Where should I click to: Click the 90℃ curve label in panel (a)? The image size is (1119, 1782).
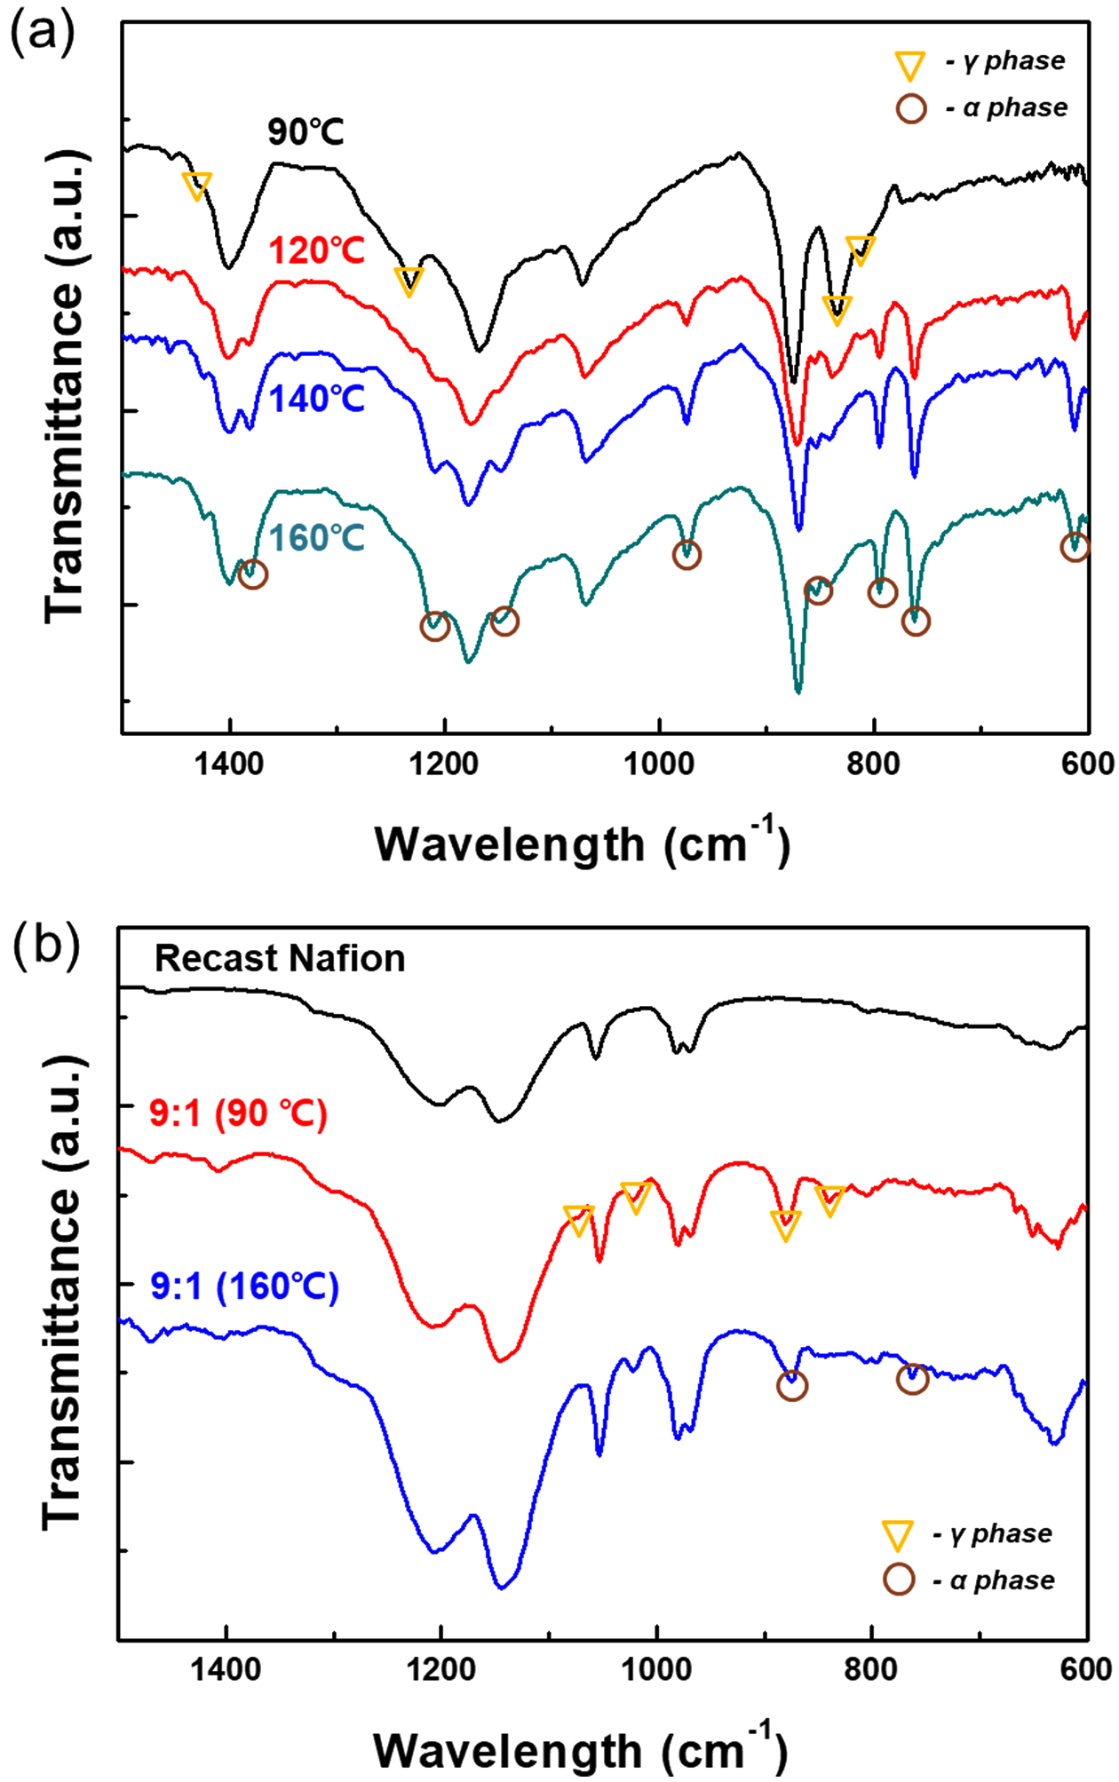click(306, 132)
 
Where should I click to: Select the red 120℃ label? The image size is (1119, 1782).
click(317, 251)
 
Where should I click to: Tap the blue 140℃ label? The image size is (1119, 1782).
click(317, 400)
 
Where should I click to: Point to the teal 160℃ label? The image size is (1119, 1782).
click(317, 538)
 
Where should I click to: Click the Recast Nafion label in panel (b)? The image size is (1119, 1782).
click(280, 959)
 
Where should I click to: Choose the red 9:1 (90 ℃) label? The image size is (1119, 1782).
click(238, 1113)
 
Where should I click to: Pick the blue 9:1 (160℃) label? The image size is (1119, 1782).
click(244, 1287)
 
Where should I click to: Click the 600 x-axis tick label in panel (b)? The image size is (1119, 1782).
click(1085, 1669)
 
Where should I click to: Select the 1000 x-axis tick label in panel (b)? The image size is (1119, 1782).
click(656, 1669)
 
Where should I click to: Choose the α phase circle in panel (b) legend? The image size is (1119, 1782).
click(899, 1579)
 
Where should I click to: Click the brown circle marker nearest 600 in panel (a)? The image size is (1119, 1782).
click(1075, 547)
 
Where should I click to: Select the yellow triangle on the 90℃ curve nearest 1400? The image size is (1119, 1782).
click(197, 186)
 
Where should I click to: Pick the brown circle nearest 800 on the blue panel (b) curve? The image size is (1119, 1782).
click(912, 1379)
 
